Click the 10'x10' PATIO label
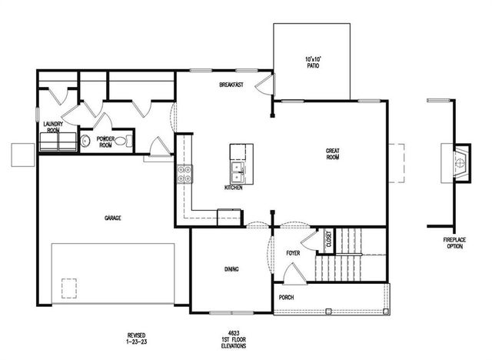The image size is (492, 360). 312,62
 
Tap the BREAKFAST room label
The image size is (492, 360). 231,85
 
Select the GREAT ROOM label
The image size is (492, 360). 332,154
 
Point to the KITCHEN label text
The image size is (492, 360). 234,187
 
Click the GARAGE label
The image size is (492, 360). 113,218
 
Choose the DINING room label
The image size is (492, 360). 231,269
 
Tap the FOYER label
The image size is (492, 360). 293,252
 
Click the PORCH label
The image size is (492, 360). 286,298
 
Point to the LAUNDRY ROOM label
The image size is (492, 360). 52,127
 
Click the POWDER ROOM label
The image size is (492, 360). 105,142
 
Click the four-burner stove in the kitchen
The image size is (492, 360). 184,174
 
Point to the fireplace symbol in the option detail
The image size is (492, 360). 458,162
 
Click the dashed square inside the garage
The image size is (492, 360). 70,285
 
